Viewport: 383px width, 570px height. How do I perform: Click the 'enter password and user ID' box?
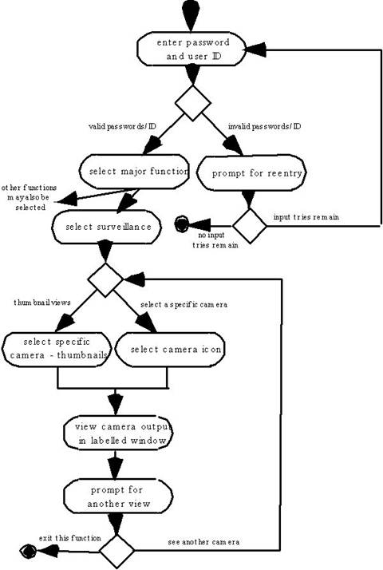click(x=191, y=49)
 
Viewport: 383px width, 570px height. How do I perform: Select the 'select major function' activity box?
click(x=135, y=171)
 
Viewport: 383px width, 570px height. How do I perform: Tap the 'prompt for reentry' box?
click(x=252, y=173)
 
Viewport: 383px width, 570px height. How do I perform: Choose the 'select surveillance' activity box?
click(x=107, y=227)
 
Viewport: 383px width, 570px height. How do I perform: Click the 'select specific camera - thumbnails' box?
click(x=57, y=349)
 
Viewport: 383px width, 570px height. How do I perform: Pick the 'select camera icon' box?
click(x=170, y=350)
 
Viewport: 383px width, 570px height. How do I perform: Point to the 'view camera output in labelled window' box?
click(x=118, y=433)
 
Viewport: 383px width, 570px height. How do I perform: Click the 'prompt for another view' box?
click(x=118, y=497)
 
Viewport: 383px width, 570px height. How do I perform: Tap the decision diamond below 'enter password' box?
click(x=192, y=103)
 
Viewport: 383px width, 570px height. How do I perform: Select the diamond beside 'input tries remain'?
click(x=250, y=226)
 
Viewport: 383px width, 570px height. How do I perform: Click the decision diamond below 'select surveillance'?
click(x=105, y=280)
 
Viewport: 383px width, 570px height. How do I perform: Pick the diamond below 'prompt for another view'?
click(x=117, y=552)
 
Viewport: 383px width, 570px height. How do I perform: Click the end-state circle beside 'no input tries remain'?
click(x=182, y=224)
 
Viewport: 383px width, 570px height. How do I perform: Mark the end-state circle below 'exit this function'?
click(x=28, y=552)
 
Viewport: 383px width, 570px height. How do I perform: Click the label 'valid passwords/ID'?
click(x=122, y=126)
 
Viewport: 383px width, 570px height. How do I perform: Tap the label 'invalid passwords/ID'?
click(x=265, y=126)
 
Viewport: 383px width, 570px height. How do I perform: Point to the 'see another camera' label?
click(x=203, y=542)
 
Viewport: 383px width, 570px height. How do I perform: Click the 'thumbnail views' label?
click(x=42, y=303)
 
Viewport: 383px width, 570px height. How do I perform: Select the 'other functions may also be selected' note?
click(x=29, y=198)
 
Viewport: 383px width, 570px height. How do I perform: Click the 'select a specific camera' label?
click(x=184, y=305)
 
